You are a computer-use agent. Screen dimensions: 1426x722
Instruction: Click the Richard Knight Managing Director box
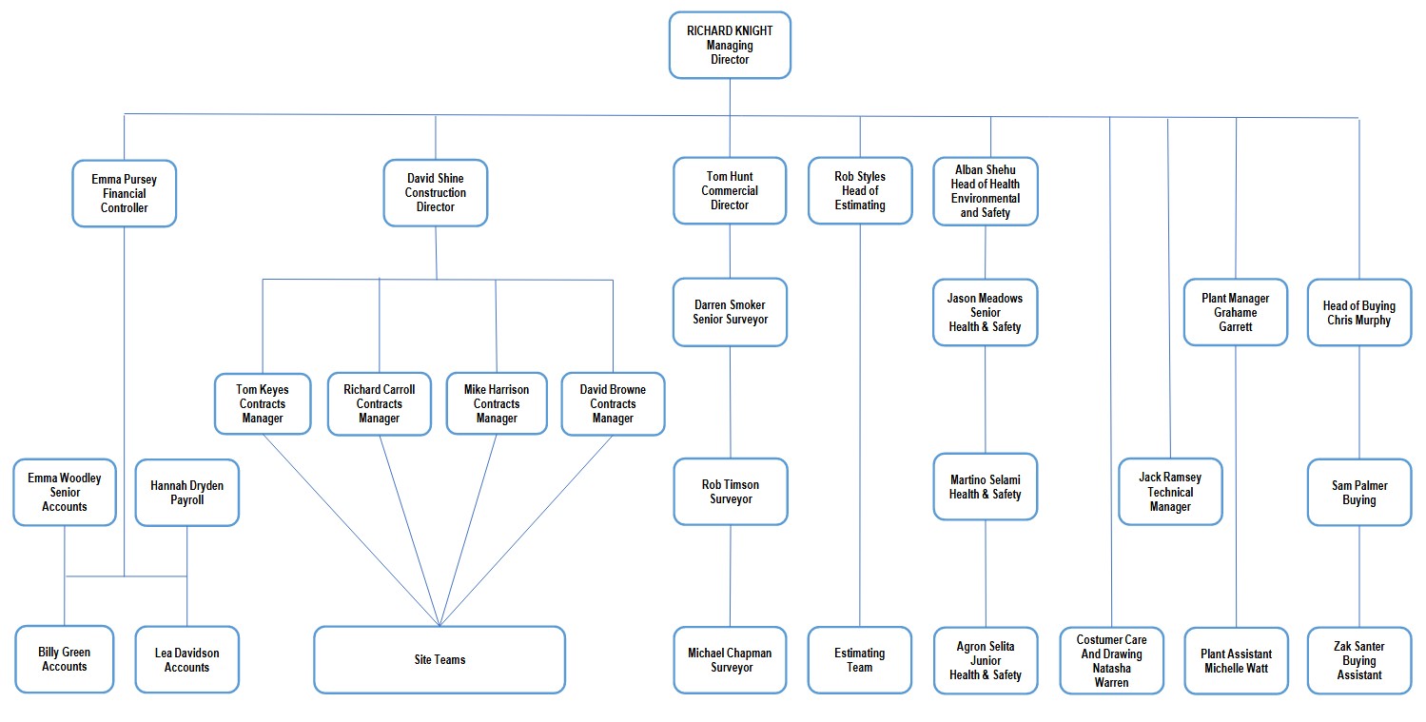click(x=730, y=46)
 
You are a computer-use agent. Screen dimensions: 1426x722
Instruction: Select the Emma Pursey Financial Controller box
click(x=124, y=193)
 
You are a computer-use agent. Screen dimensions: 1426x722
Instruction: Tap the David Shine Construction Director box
click(x=436, y=193)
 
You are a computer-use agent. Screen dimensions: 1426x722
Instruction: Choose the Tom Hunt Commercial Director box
click(x=730, y=191)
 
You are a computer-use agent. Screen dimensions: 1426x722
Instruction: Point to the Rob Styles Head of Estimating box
click(x=860, y=191)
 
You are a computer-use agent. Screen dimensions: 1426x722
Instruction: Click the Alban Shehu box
click(x=986, y=191)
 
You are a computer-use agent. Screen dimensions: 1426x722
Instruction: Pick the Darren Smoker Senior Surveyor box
click(x=731, y=312)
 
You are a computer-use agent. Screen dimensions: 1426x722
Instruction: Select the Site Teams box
click(x=440, y=659)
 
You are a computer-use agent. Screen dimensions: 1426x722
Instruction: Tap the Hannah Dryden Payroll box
click(x=187, y=493)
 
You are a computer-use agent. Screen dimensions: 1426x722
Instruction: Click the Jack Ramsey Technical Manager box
click(x=1170, y=492)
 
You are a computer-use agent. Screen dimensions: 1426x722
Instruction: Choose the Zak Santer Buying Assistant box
click(x=1359, y=660)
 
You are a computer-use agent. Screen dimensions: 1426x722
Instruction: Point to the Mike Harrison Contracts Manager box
click(x=497, y=403)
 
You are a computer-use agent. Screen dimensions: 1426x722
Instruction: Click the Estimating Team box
click(x=859, y=660)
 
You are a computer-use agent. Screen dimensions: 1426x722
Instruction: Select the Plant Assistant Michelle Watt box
click(x=1237, y=661)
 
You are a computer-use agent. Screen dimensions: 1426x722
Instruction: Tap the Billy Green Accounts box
click(x=65, y=659)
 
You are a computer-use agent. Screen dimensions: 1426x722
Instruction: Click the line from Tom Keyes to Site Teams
click(x=351, y=530)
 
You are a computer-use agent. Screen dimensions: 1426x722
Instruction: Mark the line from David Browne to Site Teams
click(x=526, y=531)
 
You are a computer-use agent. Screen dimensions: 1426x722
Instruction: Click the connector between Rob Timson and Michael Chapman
click(x=731, y=576)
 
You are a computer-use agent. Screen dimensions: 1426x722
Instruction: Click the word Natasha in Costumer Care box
click(x=1111, y=668)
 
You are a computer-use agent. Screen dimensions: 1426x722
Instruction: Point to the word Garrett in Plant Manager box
click(x=1235, y=326)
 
